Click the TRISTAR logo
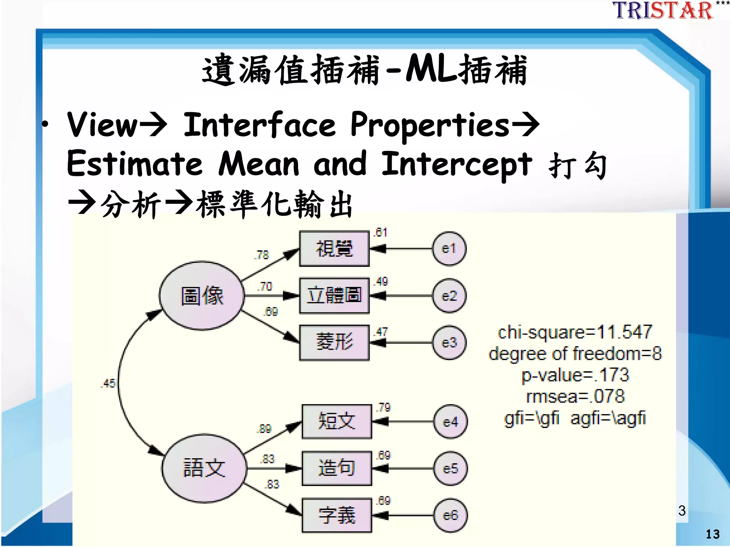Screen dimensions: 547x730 [x=663, y=11]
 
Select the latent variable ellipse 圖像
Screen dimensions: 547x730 [x=202, y=296]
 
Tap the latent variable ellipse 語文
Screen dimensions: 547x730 [x=204, y=468]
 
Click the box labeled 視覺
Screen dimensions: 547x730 [x=334, y=249]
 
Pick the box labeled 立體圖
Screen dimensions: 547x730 [x=334, y=296]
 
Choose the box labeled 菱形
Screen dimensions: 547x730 [x=334, y=342]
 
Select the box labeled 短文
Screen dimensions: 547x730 [x=336, y=421]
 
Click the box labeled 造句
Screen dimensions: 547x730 [x=336, y=468]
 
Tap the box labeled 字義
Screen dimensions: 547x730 [x=336, y=515]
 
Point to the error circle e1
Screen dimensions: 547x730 [x=449, y=249]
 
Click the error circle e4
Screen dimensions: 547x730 [x=450, y=422]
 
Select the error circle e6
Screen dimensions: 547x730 [x=450, y=515]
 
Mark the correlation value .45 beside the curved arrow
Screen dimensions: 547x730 [x=108, y=383]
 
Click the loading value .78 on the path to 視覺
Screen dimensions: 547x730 [x=262, y=255]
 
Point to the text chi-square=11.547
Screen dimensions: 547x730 [x=575, y=332]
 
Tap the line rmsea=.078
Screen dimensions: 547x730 [x=575, y=396]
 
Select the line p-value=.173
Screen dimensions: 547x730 [x=575, y=375]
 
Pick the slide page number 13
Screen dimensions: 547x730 [x=713, y=534]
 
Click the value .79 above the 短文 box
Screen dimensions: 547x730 [x=384, y=407]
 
